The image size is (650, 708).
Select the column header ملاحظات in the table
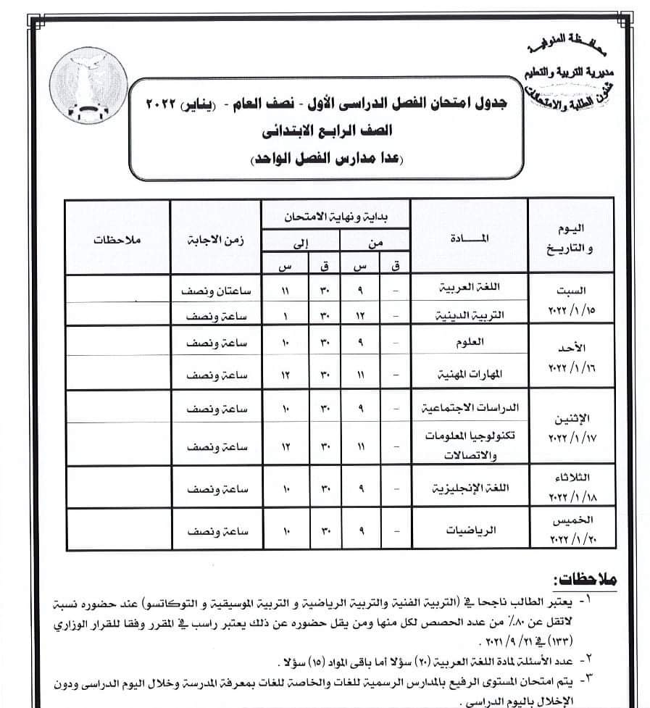[116, 238]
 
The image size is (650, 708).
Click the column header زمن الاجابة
[216, 238]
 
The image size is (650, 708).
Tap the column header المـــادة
[476, 238]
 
